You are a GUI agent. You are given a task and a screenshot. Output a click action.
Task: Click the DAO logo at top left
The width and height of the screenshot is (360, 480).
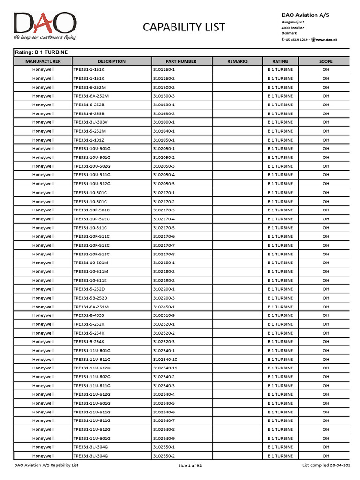coord(45,23)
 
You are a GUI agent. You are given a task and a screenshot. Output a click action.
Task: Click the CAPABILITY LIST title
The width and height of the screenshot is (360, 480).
coord(184,27)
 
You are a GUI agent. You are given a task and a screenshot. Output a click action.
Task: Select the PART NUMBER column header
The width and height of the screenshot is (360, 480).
coord(181,61)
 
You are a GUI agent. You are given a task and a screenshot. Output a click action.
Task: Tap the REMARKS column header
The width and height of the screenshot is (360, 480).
coord(238,61)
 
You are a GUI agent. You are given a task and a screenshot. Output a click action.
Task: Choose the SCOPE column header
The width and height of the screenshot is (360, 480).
coord(326,61)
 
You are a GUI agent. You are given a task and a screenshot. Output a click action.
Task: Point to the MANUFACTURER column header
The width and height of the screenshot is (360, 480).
coord(43,61)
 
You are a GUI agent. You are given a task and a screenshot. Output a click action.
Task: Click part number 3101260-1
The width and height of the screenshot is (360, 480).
coord(164,70)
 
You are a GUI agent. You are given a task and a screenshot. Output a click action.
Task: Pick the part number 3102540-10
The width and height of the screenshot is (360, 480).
coord(165,360)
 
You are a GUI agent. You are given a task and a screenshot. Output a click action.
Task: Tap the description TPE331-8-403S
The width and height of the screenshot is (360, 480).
coord(89,315)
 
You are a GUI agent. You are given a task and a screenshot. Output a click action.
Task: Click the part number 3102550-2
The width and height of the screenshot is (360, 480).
coord(164,456)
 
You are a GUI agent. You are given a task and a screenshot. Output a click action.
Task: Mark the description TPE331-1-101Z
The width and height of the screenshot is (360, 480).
coord(89,140)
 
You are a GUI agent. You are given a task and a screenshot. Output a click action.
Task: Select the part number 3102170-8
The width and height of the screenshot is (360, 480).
coord(164,254)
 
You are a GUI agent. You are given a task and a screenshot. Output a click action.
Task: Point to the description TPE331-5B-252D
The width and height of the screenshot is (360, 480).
coord(90,298)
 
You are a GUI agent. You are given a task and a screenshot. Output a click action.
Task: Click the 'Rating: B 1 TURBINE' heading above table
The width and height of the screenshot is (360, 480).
coord(42,52)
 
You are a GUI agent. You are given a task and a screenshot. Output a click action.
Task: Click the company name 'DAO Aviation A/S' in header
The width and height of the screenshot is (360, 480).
coord(305,15)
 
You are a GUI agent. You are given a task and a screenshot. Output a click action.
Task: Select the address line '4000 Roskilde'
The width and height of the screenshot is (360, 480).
coord(293,28)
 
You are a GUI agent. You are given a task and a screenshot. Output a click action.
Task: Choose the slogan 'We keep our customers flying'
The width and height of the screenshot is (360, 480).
coord(45,37)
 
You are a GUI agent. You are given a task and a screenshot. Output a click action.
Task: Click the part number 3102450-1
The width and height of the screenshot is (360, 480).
coord(164,307)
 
